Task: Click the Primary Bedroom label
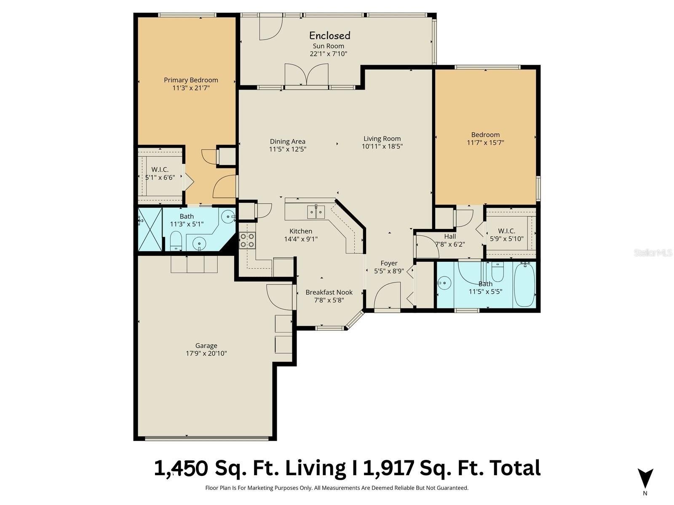tap(191, 80)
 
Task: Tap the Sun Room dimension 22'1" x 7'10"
tap(328, 54)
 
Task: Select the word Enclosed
tap(329, 36)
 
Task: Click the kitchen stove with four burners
tap(247, 240)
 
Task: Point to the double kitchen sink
tap(316, 212)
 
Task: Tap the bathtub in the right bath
tap(525, 284)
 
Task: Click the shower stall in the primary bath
tap(150, 229)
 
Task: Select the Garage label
tap(206, 346)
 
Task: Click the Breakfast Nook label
tap(329, 292)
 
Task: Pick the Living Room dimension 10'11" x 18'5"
tap(382, 146)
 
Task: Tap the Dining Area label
tap(287, 141)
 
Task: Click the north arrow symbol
tap(645, 478)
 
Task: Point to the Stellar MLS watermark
tap(653, 253)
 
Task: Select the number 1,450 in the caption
tap(181, 468)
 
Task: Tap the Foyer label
tap(389, 263)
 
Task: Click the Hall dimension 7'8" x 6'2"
tap(450, 245)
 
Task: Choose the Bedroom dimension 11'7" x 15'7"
tap(485, 143)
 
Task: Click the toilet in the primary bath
tap(176, 241)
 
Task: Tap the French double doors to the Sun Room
tap(306, 75)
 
